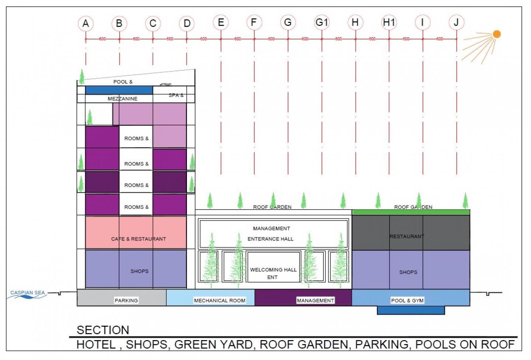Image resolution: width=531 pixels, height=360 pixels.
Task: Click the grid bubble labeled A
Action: [x=86, y=24]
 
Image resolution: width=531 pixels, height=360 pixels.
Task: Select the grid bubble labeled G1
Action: [x=322, y=22]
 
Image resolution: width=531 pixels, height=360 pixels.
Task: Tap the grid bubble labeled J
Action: [x=456, y=22]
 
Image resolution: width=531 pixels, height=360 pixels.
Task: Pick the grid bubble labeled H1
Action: [x=389, y=22]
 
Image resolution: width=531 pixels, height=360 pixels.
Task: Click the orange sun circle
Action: [x=497, y=34]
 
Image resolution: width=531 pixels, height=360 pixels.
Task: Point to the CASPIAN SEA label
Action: [x=27, y=292]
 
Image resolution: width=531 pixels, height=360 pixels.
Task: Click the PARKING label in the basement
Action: [x=126, y=301]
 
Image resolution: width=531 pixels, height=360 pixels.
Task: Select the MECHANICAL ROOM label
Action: [x=219, y=301]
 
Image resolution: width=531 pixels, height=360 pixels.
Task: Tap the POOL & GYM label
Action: [x=407, y=301]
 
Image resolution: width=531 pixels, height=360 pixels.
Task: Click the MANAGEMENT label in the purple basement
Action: [x=315, y=301]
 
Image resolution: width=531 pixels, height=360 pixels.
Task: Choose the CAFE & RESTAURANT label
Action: [x=138, y=239]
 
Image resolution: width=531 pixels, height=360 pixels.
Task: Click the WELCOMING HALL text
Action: [x=273, y=270]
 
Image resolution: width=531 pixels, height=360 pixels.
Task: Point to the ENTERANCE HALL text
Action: [x=270, y=239]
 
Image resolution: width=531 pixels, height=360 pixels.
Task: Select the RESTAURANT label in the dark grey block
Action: [x=407, y=236]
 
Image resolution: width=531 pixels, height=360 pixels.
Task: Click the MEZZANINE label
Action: [x=122, y=98]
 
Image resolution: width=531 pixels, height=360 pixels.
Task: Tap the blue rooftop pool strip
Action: [x=119, y=90]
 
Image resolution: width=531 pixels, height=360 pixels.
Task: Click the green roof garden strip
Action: [x=411, y=212]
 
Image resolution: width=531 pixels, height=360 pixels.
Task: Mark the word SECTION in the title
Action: [x=103, y=330]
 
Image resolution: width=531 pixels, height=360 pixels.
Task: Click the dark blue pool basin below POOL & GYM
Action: [x=410, y=310]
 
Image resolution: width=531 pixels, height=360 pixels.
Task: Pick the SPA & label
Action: [x=176, y=95]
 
